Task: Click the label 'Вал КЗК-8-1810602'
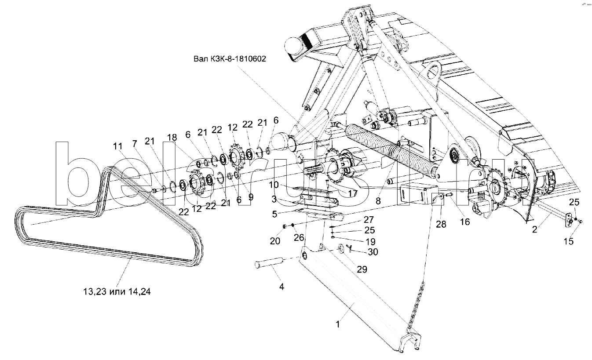[x=230, y=58]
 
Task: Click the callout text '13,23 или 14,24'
[x=117, y=291]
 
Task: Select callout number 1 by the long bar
[x=338, y=324]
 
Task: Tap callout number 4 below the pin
[x=282, y=287]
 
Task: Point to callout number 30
[x=373, y=252]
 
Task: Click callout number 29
[x=362, y=269]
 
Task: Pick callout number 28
[x=441, y=224]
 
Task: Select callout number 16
[x=465, y=222]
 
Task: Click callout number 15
[x=569, y=241]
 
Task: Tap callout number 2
[x=535, y=229]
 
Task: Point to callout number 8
[x=378, y=201]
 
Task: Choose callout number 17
[x=353, y=193]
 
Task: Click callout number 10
[x=274, y=185]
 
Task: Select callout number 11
[x=118, y=146]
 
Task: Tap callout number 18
[x=172, y=137]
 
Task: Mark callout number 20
[x=275, y=241]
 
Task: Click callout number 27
[x=369, y=219]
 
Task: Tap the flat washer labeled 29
[x=340, y=249]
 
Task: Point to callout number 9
[x=251, y=197]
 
